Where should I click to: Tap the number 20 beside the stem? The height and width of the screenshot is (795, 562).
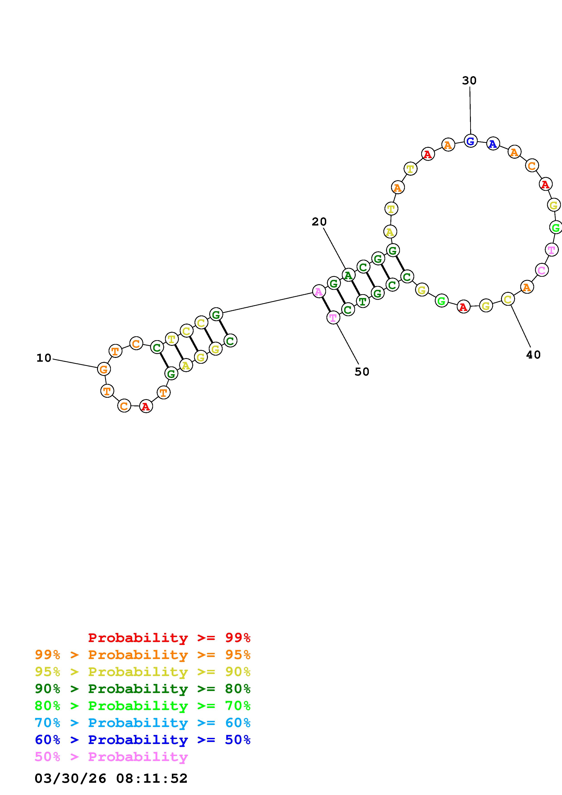click(319, 222)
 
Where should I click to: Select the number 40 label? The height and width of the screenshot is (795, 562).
click(533, 355)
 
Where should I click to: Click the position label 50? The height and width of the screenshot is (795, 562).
click(362, 371)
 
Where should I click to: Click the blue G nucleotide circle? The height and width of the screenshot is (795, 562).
click(470, 141)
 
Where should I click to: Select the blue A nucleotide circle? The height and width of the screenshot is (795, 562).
click(493, 144)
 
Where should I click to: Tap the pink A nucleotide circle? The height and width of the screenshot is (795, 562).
click(319, 291)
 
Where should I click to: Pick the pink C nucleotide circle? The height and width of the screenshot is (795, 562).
click(542, 270)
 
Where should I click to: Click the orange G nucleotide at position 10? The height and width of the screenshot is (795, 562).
click(104, 369)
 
